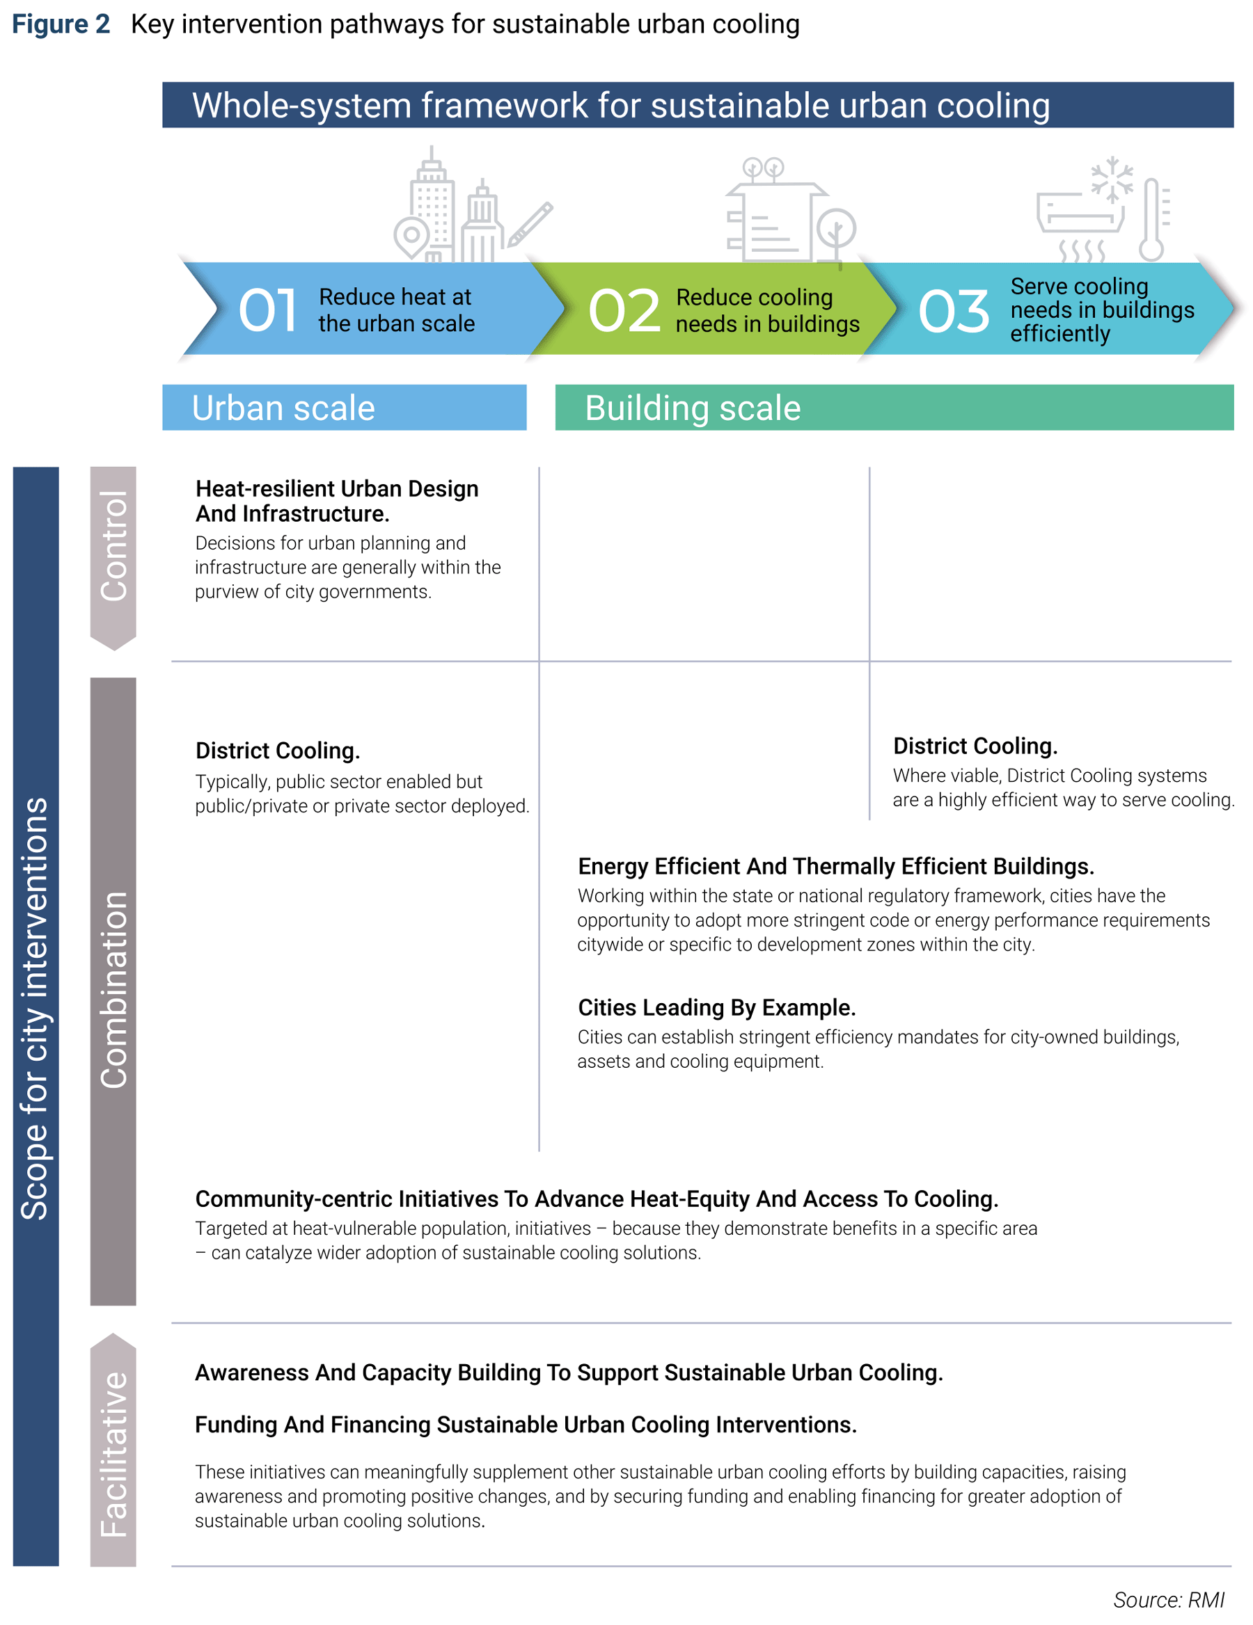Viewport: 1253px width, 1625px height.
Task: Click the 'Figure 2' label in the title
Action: click(x=61, y=24)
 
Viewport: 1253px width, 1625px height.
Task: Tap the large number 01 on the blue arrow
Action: click(x=268, y=310)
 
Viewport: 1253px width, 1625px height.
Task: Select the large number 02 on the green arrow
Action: click(x=624, y=310)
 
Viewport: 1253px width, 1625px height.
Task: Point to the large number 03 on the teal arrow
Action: click(x=954, y=311)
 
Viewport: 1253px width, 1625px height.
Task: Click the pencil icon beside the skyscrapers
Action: click(x=530, y=224)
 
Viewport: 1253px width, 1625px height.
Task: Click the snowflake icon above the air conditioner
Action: click(x=1112, y=179)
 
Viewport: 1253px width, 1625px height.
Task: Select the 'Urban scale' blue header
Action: click(x=344, y=407)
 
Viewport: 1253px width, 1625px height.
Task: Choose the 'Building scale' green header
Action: click(x=894, y=407)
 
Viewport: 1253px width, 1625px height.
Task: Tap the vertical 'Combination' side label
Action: click(x=114, y=990)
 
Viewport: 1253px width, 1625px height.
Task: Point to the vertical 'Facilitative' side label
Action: click(x=114, y=1454)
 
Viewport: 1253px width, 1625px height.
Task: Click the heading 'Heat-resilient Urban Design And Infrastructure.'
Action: click(x=336, y=501)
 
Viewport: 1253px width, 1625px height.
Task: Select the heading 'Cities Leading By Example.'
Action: click(x=716, y=1007)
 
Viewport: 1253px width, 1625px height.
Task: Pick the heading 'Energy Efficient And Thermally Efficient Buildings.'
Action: click(x=835, y=866)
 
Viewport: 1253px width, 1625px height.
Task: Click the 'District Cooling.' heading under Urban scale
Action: click(x=278, y=750)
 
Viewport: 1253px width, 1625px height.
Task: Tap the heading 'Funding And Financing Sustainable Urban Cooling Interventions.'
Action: click(x=526, y=1424)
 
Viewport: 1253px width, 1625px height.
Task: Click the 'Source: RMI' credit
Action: click(x=1168, y=1599)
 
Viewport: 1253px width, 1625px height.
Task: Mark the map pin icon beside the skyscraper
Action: click(x=411, y=238)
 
